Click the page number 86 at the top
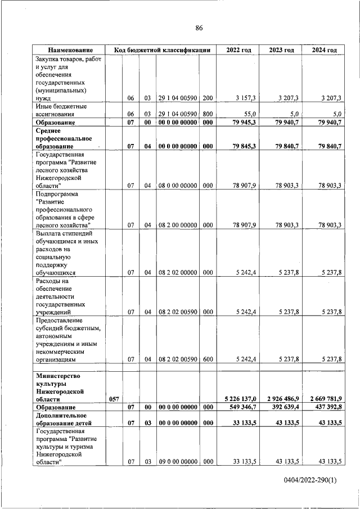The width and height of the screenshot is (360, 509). pyautogui.click(x=199, y=28)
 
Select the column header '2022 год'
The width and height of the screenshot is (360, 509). pyautogui.click(x=238, y=50)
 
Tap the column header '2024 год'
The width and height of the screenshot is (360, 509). pyautogui.click(x=324, y=50)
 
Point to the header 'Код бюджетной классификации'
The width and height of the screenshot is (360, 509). pyautogui.click(x=162, y=50)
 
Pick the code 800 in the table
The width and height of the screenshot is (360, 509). pyautogui.click(x=208, y=113)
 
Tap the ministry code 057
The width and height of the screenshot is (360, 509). pyautogui.click(x=114, y=398)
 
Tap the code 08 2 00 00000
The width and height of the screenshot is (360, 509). pyautogui.click(x=177, y=225)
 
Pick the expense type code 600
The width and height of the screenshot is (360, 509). pyautogui.click(x=208, y=359)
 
